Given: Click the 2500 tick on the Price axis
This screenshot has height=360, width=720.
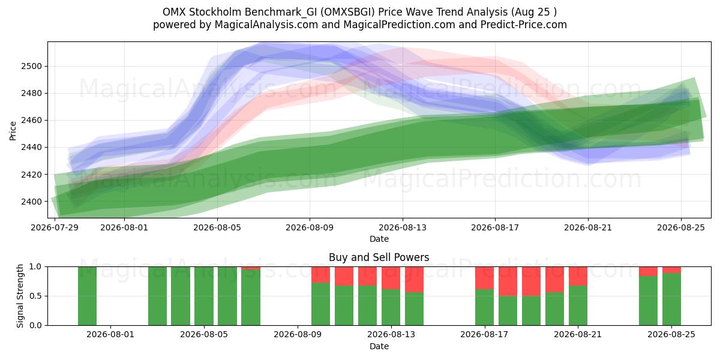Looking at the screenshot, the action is pos(31,66).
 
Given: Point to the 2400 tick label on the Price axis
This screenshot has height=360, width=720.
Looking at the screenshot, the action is pos(31,202).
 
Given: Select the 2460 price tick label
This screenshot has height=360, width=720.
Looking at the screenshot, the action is pos(31,120).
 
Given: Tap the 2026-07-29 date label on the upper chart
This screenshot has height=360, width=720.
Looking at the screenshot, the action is pos(55,227).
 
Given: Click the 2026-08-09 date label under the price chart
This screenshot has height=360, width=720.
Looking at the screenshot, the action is pos(310,227).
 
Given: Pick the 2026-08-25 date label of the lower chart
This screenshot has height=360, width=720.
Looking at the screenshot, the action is pos(671,334).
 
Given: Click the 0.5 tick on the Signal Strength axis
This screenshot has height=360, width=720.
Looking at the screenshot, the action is pos(35,296).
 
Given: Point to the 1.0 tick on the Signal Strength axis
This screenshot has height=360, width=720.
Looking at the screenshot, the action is pos(35,266).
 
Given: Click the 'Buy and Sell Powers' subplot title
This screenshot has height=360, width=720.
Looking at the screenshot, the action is pos(379,257).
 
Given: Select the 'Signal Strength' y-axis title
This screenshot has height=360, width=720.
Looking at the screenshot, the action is pos(20,296).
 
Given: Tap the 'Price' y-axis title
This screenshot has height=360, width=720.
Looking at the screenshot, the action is pos(13,131).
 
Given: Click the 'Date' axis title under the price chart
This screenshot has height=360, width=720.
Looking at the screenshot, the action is pos(379,239).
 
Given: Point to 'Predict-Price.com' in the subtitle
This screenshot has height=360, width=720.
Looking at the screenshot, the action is pos(524,25).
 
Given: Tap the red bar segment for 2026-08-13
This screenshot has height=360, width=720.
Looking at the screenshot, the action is pos(414,280).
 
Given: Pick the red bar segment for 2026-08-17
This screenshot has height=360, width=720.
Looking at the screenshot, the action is pos(484,278).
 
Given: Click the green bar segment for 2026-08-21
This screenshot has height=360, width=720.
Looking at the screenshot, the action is pos(578,305).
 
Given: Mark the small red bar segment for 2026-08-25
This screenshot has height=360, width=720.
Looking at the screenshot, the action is pos(671,269).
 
